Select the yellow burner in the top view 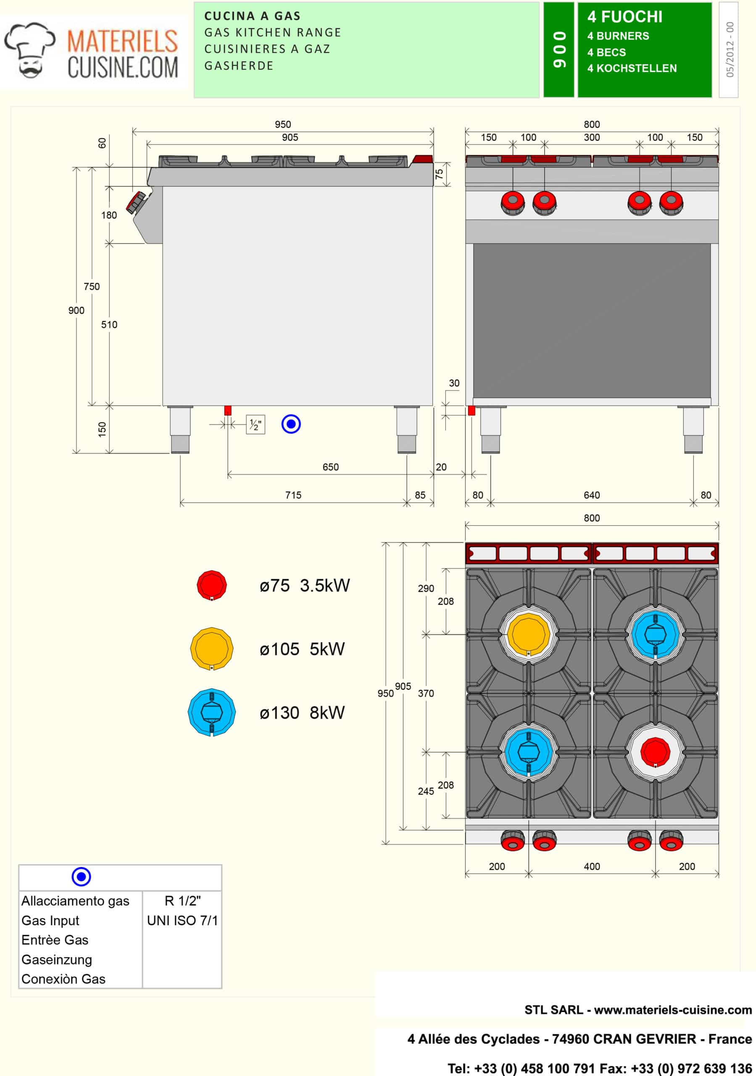[529, 634]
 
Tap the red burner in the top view [655, 751]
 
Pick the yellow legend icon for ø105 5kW [211, 649]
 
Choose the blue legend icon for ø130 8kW [211, 712]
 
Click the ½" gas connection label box [256, 425]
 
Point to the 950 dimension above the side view [283, 124]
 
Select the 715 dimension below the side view [293, 495]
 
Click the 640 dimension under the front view [592, 495]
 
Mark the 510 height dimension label [109, 324]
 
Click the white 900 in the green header [558, 50]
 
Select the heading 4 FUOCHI [625, 17]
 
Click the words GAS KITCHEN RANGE [272, 32]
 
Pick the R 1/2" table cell [182, 901]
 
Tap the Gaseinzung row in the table [57, 960]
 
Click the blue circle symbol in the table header [81, 876]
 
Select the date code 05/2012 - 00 [729, 50]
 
